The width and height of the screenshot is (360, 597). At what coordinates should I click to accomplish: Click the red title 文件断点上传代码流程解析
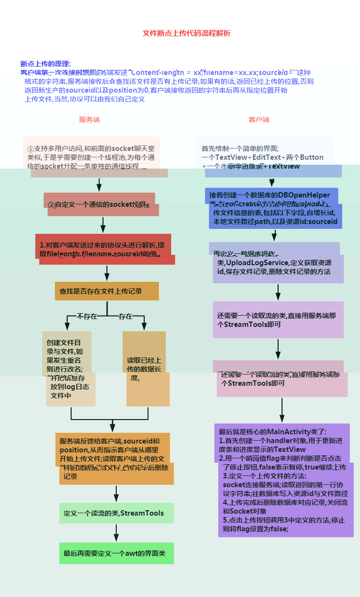pos(186,33)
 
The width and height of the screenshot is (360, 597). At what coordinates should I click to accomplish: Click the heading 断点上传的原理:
pos(46,64)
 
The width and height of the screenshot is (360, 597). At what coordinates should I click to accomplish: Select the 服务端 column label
pos(89,120)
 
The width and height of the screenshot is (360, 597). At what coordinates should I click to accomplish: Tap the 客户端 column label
pos(259,120)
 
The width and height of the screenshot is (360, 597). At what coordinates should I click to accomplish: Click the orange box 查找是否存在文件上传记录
pos(107,291)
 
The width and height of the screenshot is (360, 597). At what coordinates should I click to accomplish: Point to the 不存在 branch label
pos(87,317)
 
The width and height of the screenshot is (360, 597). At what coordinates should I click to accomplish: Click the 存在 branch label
pos(126,317)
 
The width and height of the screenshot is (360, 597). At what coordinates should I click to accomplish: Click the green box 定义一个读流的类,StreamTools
pos(117,513)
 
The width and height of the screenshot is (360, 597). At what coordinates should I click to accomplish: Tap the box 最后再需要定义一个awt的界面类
pos(117,554)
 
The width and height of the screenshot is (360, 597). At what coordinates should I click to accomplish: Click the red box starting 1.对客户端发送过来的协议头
pos(104,249)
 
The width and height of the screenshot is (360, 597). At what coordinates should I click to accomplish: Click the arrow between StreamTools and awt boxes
pos(117,532)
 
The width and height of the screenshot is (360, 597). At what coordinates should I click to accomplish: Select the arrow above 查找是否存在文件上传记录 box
pos(107,273)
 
